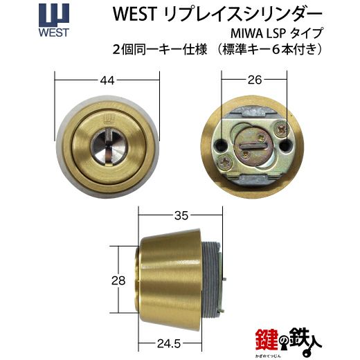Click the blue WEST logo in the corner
pos(54,21)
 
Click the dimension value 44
pos(107,80)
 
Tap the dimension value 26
pos(255,80)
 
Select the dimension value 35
pos(181,216)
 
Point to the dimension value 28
pos(118,280)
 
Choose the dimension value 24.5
pos(169,344)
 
